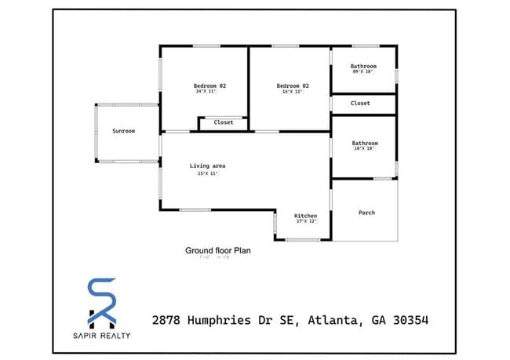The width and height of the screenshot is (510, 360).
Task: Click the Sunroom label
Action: [123, 131]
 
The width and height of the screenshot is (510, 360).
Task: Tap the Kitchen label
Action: [305, 215]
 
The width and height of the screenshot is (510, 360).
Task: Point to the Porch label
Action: [366, 213]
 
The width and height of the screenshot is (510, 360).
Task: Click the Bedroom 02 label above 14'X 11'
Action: [210, 85]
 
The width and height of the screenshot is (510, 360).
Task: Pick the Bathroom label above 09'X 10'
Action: [363, 66]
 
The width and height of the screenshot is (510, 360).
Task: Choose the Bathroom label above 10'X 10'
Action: [365, 143]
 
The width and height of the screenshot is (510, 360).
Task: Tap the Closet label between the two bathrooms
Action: [360, 103]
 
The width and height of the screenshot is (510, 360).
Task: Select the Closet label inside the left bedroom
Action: [224, 122]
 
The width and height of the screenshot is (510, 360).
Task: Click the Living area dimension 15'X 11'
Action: [207, 173]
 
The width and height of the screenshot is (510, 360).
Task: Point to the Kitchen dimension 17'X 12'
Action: [305, 221]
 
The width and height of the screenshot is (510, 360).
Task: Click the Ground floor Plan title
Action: [217, 251]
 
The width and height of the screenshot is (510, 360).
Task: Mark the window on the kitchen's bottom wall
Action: [302, 240]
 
